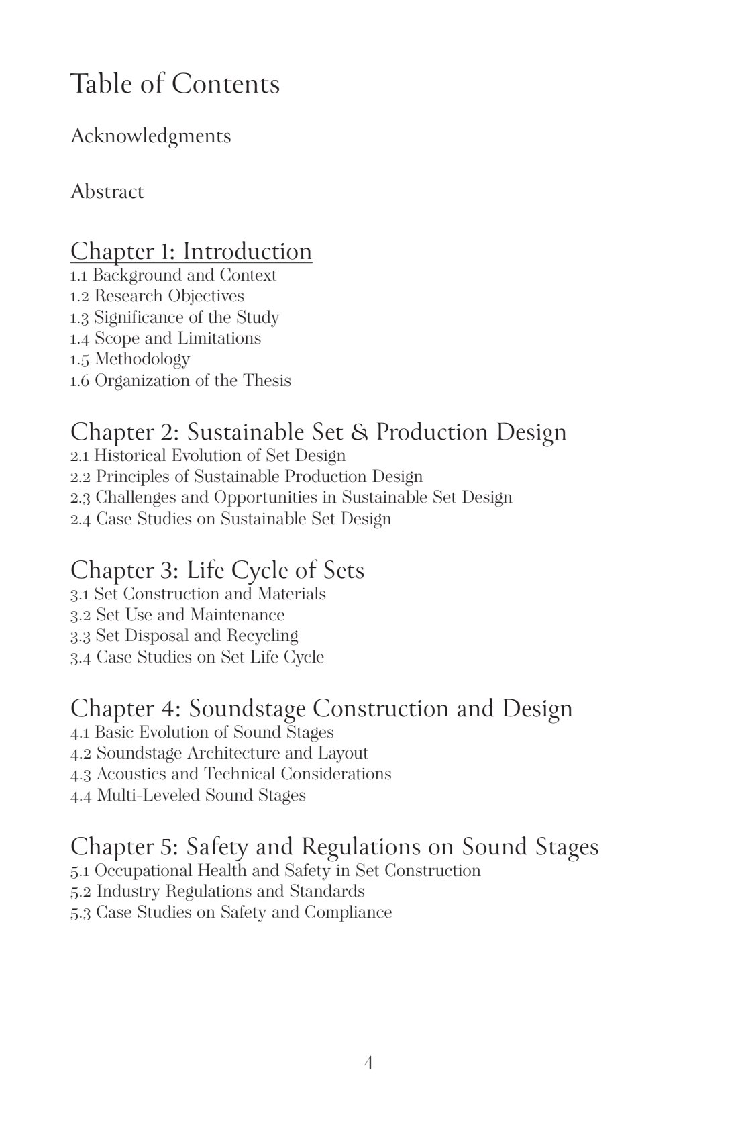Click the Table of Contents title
pos(174,85)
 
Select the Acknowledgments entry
pos(150,136)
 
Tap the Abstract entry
pos(107,192)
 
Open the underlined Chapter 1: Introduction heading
pos(191,252)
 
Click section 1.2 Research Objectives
pos(157,296)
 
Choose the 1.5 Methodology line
pos(130,359)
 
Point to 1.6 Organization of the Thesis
pos(180,381)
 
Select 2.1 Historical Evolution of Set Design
pos(208,456)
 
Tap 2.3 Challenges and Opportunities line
pos(291,497)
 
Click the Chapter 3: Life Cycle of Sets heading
pos(217,571)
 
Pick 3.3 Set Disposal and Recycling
pos(184,636)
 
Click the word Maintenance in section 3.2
pos(237,615)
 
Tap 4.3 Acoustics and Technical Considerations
pos(231,774)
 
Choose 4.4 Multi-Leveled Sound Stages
pos(188,795)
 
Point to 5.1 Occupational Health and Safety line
pos(275,871)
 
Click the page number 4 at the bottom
pos(368,1063)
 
